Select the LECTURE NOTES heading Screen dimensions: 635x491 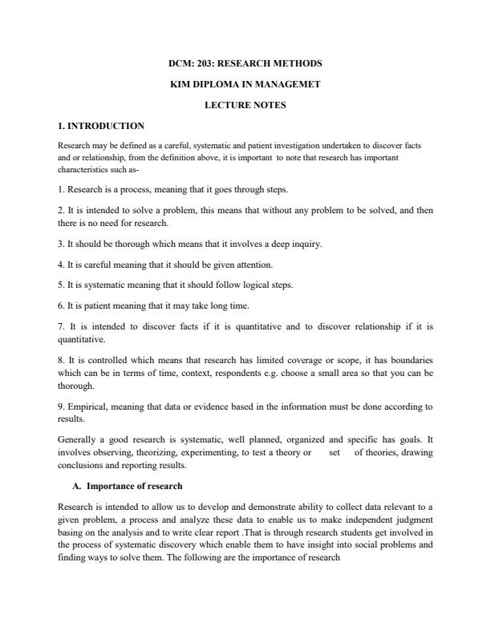point(245,104)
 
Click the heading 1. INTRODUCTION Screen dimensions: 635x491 point(101,126)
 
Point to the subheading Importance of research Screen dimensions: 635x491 point(134,486)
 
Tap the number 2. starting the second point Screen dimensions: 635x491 point(63,211)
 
